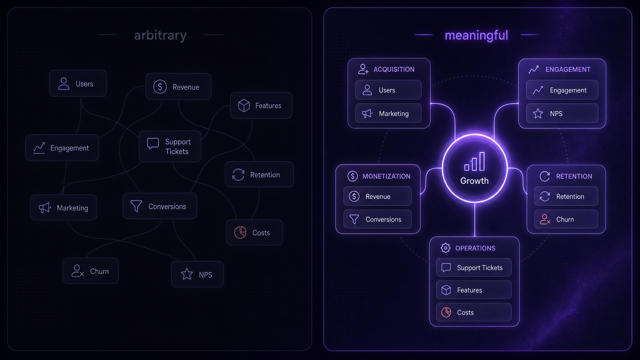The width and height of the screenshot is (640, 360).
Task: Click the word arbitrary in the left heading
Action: pyautogui.click(x=160, y=36)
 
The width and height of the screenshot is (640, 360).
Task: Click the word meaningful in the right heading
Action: pyautogui.click(x=476, y=36)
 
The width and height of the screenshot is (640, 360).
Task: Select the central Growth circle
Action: pyautogui.click(x=475, y=168)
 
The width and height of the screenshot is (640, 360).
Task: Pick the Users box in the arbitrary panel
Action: pyautogui.click(x=78, y=83)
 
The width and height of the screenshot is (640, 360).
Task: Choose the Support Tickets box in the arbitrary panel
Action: pyautogui.click(x=170, y=146)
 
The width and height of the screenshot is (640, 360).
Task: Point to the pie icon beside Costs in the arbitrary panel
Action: pyautogui.click(x=240, y=232)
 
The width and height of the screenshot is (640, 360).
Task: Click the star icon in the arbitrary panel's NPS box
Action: pyautogui.click(x=187, y=274)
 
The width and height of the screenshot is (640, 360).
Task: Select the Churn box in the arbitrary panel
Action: pyautogui.click(x=91, y=271)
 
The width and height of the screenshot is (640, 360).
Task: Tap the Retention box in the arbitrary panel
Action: pyautogui.click(x=259, y=174)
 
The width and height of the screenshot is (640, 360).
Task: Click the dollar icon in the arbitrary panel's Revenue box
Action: pyautogui.click(x=160, y=87)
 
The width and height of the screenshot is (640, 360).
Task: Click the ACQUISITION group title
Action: pyautogui.click(x=394, y=69)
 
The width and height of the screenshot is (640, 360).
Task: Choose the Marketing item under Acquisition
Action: pyautogui.click(x=388, y=113)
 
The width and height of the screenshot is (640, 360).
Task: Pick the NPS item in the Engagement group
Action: pyautogui.click(x=562, y=113)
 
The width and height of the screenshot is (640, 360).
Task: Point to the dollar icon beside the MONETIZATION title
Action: pyautogui.click(x=352, y=176)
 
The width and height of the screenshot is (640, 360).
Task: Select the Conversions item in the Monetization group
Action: pyautogui.click(x=377, y=219)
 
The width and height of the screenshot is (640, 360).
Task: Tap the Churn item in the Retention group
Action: pyautogui.click(x=566, y=219)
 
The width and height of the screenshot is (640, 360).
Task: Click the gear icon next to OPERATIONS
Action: pyautogui.click(x=446, y=248)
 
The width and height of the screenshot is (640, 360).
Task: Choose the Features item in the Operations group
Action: pyautogui.click(x=474, y=290)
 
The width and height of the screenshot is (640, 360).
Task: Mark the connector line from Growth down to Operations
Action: pyautogui.click(x=475, y=220)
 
